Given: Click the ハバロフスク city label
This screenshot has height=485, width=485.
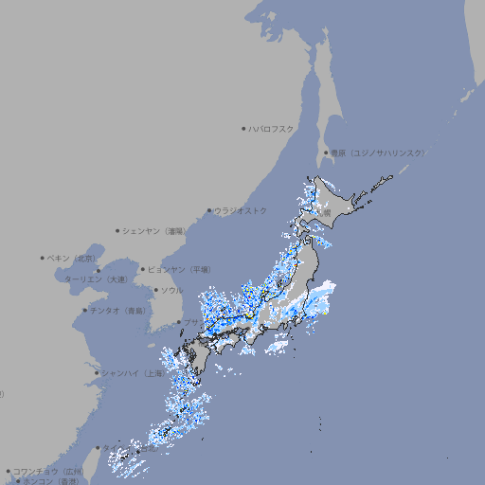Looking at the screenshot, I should (272, 128).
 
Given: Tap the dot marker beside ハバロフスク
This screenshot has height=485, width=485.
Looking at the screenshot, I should (243, 128).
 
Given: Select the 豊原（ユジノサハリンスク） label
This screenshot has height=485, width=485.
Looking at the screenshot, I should (378, 153).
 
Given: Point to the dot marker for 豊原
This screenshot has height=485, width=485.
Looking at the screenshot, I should (326, 153).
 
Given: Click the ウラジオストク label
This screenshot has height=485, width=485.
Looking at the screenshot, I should (242, 210).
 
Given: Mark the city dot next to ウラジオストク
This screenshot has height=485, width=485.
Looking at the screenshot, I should (209, 210).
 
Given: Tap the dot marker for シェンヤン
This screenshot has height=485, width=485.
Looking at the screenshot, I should (118, 230).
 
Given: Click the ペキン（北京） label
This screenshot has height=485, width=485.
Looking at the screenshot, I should (72, 258).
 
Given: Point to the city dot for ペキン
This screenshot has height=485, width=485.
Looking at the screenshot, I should (43, 258).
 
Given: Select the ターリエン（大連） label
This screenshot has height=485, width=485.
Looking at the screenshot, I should (96, 279).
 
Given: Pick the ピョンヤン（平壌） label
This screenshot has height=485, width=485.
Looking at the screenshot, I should (180, 269).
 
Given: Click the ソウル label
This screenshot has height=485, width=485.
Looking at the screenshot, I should (171, 290).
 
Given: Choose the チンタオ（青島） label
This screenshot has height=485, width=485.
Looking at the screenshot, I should (118, 310).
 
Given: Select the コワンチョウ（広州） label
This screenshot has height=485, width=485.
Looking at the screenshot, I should (48, 471).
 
